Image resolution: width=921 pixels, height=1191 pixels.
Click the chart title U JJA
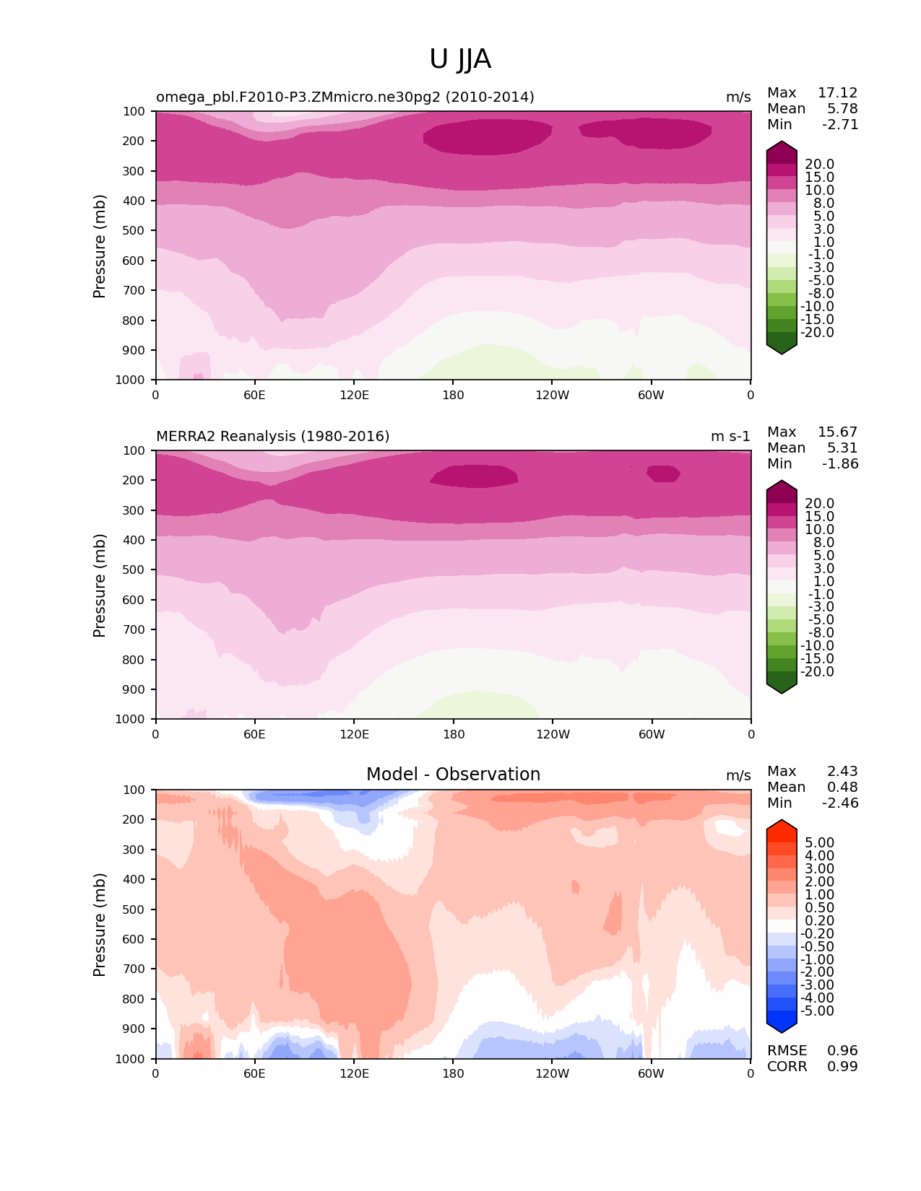tap(460, 59)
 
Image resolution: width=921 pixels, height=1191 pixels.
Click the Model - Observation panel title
tap(453, 775)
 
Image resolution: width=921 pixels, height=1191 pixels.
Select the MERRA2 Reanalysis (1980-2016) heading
tap(272, 436)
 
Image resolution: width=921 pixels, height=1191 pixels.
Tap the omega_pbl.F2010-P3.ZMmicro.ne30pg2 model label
tap(345, 97)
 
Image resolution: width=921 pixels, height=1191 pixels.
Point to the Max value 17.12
tap(837, 92)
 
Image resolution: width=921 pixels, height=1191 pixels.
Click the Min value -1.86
tap(840, 463)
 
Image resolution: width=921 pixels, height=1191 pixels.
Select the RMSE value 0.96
tap(842, 1050)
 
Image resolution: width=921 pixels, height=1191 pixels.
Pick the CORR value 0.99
tap(842, 1066)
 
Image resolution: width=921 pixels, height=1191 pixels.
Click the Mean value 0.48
tap(842, 787)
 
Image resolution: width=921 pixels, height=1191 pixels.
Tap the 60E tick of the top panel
tap(254, 395)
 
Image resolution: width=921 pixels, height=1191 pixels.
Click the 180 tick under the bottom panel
tap(453, 1073)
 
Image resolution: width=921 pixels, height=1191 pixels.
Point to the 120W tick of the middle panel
tap(553, 734)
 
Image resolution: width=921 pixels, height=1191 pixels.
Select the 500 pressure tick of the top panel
tap(135, 230)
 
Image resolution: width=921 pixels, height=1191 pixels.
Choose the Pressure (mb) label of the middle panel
tap(100, 585)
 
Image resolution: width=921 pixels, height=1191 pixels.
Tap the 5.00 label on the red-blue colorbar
tap(819, 842)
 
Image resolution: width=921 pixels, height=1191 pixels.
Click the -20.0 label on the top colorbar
tap(817, 332)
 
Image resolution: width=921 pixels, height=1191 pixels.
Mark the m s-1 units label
tap(730, 436)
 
